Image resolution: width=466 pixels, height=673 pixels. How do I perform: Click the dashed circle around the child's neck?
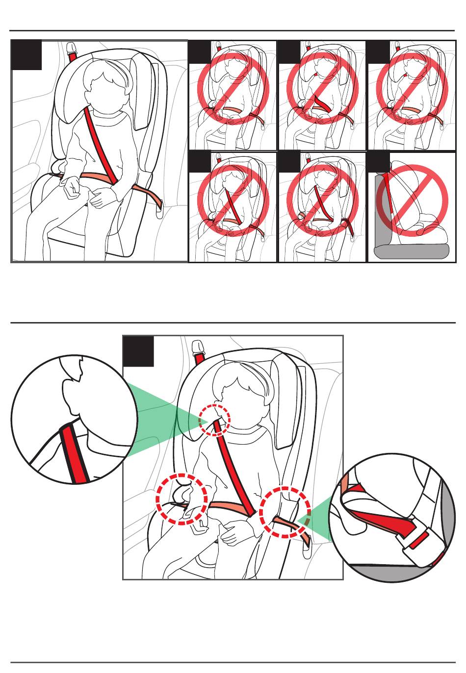[214, 420]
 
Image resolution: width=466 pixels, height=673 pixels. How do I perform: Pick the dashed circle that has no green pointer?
[181, 499]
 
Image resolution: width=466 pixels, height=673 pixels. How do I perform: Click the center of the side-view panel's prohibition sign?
[412, 200]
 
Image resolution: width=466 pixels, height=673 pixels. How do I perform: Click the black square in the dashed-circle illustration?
[138, 351]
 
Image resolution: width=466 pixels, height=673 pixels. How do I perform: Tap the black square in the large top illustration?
[26, 55]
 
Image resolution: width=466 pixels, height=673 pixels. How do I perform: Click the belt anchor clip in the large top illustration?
[73, 48]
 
